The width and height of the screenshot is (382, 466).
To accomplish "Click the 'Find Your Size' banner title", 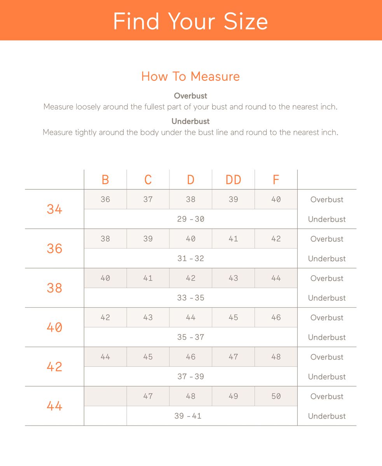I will click(190, 21).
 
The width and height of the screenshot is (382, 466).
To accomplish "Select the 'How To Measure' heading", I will click(190, 76).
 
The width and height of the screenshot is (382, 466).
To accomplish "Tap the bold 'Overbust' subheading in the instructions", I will click(190, 96).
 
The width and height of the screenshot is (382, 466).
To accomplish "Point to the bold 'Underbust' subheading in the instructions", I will click(190, 121).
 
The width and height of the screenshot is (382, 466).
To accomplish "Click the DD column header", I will click(233, 180).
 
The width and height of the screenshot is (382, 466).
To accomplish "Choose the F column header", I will click(276, 180).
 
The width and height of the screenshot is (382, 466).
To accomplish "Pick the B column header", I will click(105, 180).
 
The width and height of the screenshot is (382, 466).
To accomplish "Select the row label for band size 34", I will click(54, 209).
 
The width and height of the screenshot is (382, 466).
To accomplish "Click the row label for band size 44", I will click(54, 406).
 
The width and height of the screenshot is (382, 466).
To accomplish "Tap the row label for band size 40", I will click(54, 327).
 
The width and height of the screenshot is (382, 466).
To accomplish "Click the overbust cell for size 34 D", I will click(190, 200).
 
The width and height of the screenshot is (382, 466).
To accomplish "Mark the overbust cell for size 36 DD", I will click(233, 239).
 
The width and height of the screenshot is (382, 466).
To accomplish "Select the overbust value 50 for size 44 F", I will click(276, 396).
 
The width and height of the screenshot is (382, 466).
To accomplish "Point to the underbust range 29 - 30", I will click(190, 219).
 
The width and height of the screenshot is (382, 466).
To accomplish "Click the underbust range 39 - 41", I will click(188, 416).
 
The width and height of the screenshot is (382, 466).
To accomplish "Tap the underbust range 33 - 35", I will click(190, 298).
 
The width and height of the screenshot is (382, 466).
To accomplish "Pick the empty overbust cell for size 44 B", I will click(105, 396).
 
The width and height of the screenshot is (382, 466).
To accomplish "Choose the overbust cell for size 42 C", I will click(148, 357).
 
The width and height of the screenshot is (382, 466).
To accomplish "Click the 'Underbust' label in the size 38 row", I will click(327, 298).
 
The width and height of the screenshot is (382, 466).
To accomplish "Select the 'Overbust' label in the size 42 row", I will click(327, 357).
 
